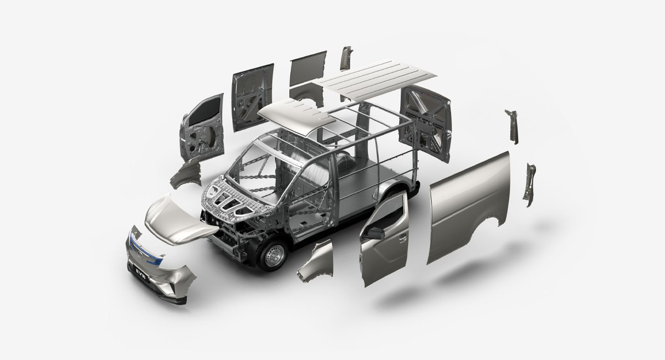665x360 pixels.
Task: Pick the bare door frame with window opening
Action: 202,128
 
